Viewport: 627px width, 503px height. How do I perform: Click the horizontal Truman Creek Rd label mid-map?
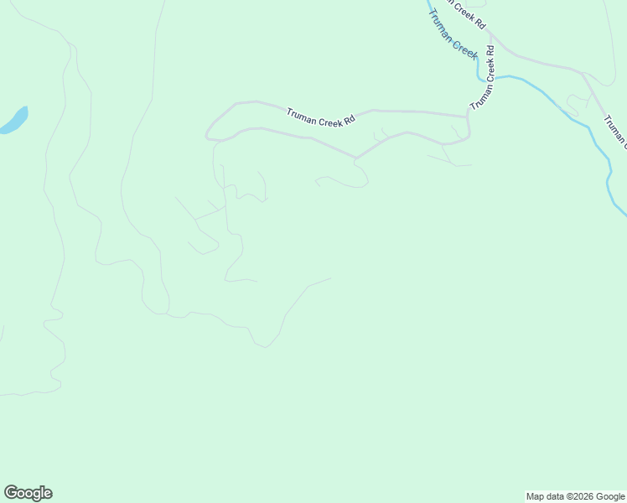pyautogui.click(x=321, y=117)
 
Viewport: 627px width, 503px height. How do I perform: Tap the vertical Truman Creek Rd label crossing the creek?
pyautogui.click(x=482, y=77)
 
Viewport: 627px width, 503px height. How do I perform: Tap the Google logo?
pyautogui.click(x=28, y=493)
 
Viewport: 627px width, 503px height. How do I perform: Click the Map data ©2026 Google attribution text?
pyautogui.click(x=576, y=496)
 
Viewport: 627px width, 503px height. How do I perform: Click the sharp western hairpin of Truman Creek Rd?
pyautogui.click(x=206, y=134)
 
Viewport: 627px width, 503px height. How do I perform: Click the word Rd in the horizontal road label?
pyautogui.click(x=350, y=121)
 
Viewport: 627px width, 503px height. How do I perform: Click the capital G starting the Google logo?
pyautogui.click(x=11, y=493)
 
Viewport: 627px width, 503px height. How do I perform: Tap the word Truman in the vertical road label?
pyautogui.click(x=477, y=94)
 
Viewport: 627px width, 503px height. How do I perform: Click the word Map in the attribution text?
pyautogui.click(x=535, y=496)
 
